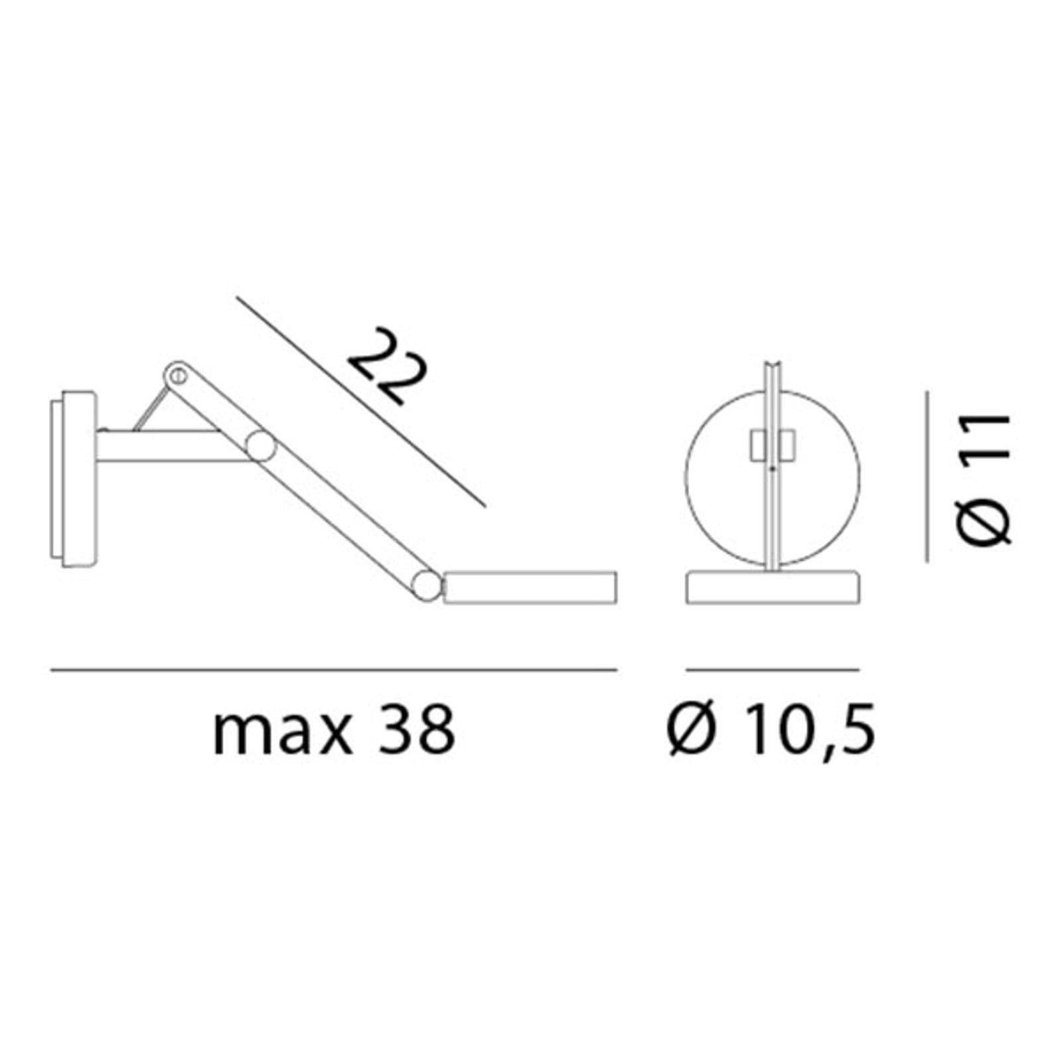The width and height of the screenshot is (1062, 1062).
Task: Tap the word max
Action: coord(282,731)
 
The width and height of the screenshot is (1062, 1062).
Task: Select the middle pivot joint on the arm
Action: coord(261,446)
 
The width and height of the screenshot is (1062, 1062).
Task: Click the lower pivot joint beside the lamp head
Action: coord(426,585)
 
